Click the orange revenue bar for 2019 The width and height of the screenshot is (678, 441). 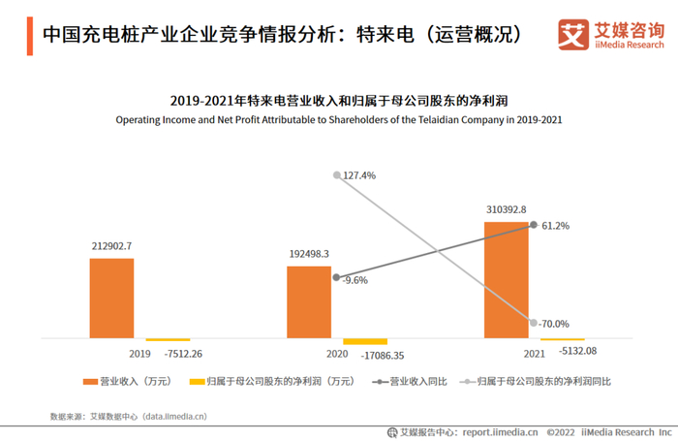tap(111, 299)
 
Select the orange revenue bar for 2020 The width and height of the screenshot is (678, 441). tap(309, 302)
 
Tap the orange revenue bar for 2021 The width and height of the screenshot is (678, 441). tap(507, 280)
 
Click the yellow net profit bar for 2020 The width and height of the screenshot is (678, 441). tap(365, 342)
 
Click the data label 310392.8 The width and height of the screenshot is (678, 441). tap(505, 208)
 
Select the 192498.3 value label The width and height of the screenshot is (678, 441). tap(309, 254)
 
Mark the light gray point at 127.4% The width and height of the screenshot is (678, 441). tap(337, 175)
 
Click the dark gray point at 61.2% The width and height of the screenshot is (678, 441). tap(534, 225)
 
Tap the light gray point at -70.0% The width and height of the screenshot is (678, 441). tap(534, 323)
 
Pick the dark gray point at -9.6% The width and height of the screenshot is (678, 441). tap(336, 278)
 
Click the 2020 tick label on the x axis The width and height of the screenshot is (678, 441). tap(336, 355)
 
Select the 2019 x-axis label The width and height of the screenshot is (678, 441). tap(139, 355)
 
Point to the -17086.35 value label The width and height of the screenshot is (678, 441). tap(385, 355)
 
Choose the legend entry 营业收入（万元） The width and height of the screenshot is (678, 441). tap(127, 381)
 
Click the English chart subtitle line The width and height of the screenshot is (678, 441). tap(338, 120)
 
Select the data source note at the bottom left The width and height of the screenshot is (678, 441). tap(128, 416)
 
